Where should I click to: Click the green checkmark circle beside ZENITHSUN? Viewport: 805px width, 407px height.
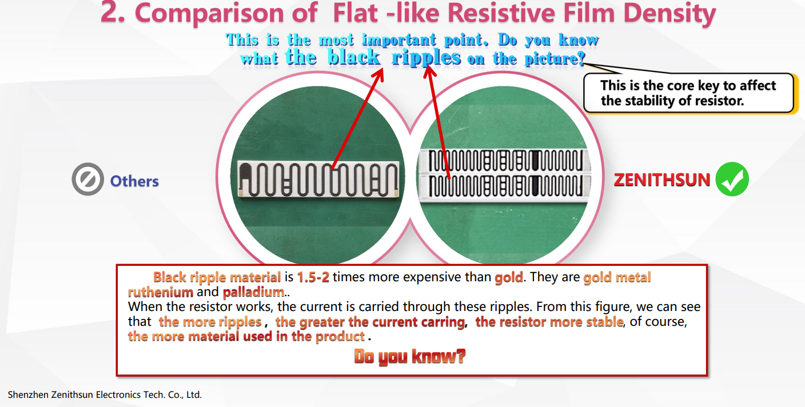pyautogui.click(x=732, y=179)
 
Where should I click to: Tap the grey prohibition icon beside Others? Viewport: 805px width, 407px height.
pyautogui.click(x=87, y=179)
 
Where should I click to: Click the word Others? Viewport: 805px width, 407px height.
pyautogui.click(x=134, y=181)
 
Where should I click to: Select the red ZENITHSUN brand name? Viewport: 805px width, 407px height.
pyautogui.click(x=662, y=179)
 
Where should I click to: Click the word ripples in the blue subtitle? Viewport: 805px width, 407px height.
pyautogui.click(x=426, y=58)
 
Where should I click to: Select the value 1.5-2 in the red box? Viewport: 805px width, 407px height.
pyautogui.click(x=313, y=277)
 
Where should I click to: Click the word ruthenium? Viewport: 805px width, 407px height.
pyautogui.click(x=161, y=292)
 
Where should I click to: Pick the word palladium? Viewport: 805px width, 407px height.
pyautogui.click(x=253, y=292)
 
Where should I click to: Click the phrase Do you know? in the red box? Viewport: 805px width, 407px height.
pyautogui.click(x=410, y=356)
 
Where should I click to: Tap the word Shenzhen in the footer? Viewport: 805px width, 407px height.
pyautogui.click(x=28, y=395)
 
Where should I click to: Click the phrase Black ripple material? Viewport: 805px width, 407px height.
pyautogui.click(x=217, y=277)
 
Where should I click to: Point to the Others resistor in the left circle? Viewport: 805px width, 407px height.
pyautogui.click(x=318, y=179)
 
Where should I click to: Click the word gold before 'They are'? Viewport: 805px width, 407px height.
pyautogui.click(x=509, y=277)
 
